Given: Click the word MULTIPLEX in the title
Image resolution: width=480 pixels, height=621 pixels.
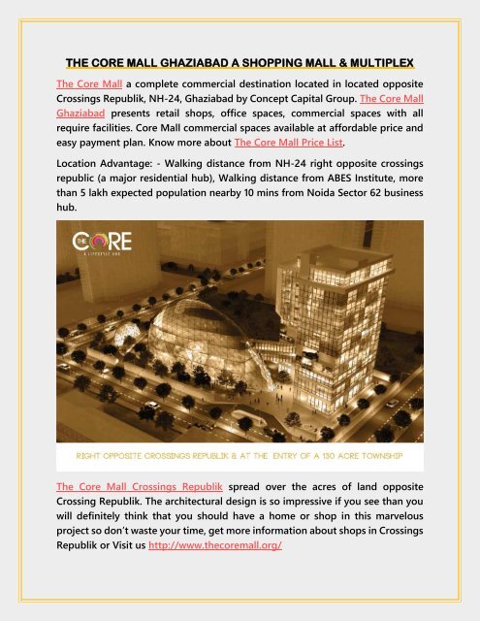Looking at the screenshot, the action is [378, 64].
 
